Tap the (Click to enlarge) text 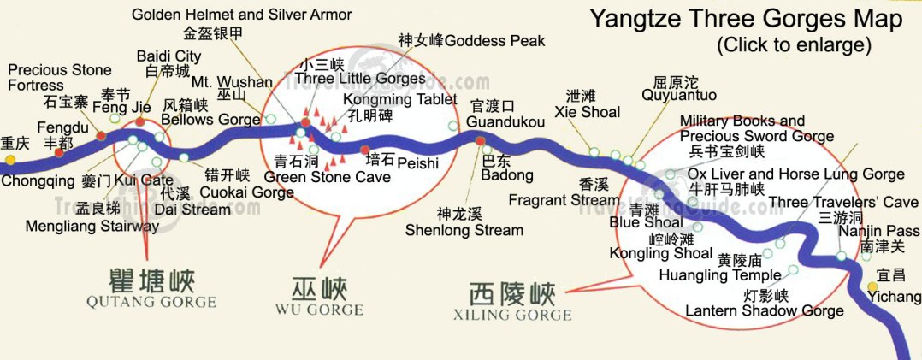click(x=794, y=44)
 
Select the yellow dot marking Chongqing click(x=9, y=160)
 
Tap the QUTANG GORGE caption click(x=151, y=301)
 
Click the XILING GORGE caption click(x=512, y=314)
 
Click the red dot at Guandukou click(x=480, y=140)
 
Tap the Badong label click(x=507, y=175)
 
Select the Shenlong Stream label click(x=464, y=230)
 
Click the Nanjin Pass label click(x=878, y=231)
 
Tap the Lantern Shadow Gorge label click(x=764, y=310)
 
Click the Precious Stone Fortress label click(x=60, y=77)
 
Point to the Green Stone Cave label click(x=328, y=177)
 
